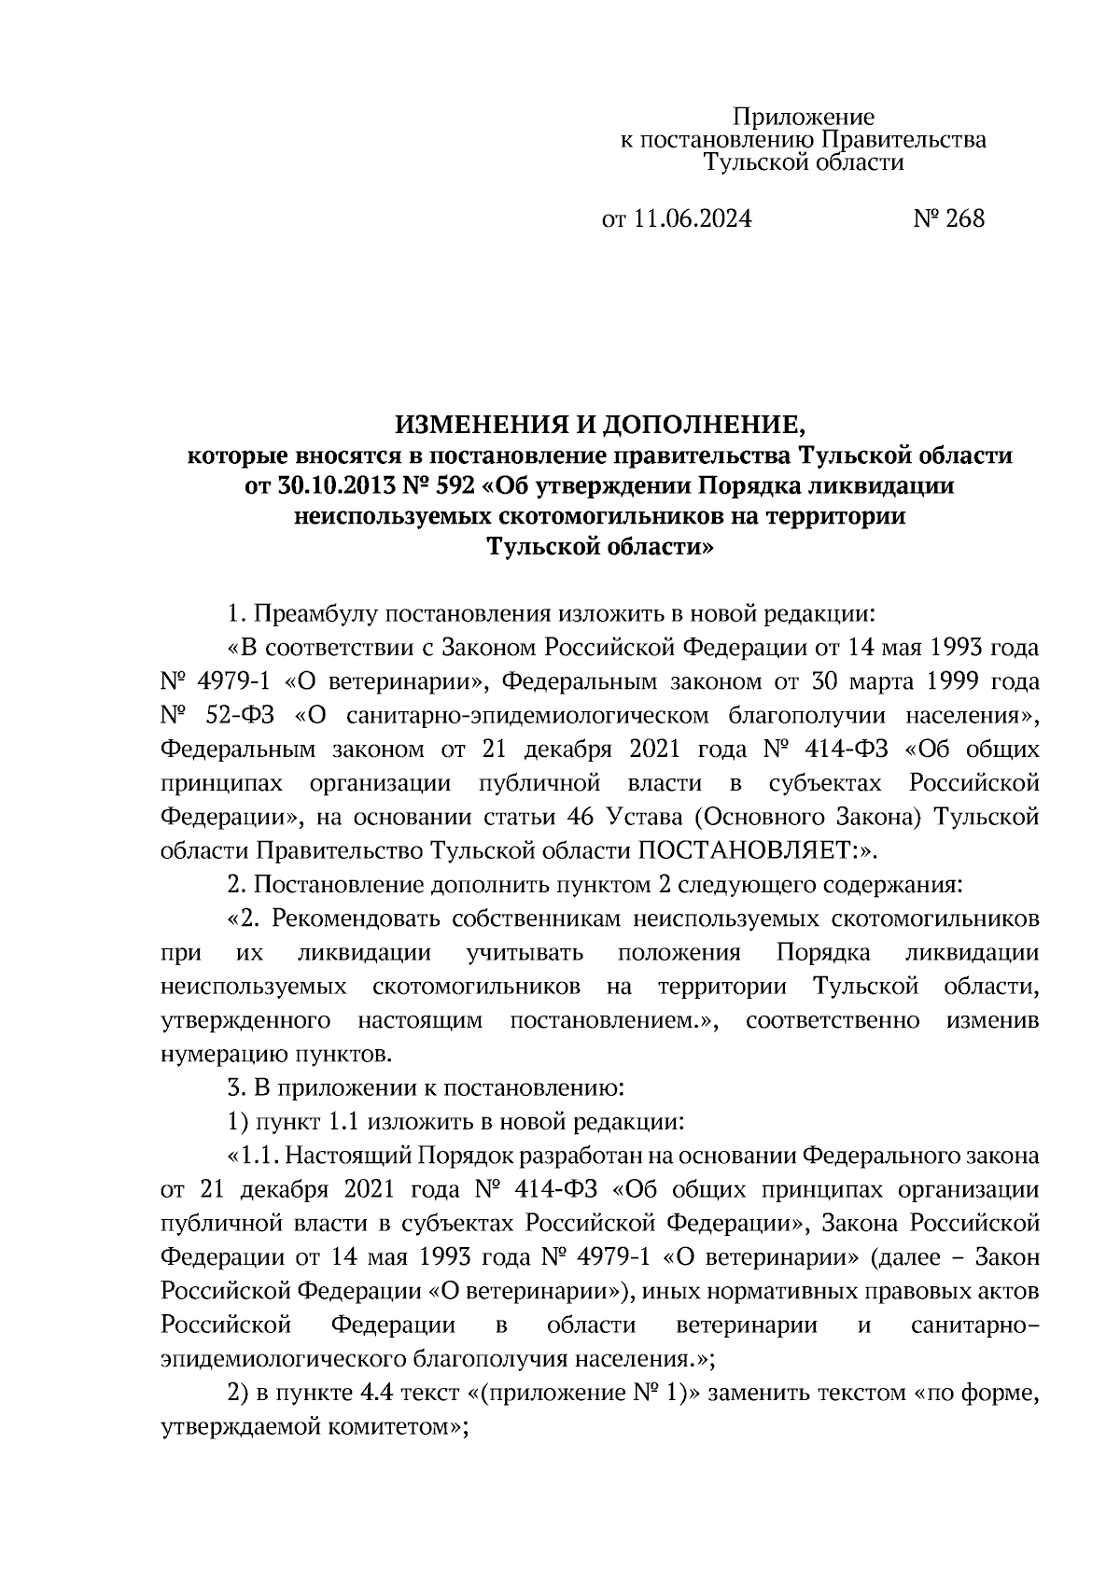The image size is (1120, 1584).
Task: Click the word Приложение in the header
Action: coord(804,118)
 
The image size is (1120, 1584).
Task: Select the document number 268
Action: coord(964,219)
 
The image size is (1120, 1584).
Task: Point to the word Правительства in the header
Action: coord(903,140)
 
